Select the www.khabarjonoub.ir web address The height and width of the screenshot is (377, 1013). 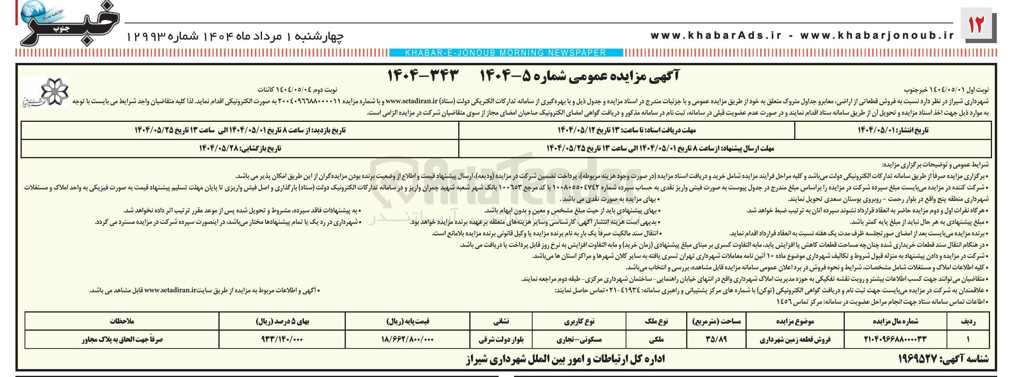click(877, 36)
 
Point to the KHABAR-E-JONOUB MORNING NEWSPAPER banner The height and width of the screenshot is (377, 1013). click(506, 53)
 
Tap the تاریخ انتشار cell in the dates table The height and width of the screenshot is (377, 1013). click(892, 130)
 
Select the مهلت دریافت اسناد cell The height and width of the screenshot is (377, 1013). click(627, 130)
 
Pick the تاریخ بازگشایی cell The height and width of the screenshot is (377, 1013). click(240, 148)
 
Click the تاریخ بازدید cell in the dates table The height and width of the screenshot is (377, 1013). click(240, 130)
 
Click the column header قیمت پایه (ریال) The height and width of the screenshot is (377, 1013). click(408, 321)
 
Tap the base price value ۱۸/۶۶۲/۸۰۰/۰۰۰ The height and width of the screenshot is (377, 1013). click(408, 339)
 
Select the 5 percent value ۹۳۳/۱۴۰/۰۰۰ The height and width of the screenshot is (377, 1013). click(282, 339)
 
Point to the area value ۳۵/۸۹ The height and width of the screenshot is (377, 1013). click(716, 339)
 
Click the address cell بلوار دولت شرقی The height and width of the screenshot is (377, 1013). click(501, 339)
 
